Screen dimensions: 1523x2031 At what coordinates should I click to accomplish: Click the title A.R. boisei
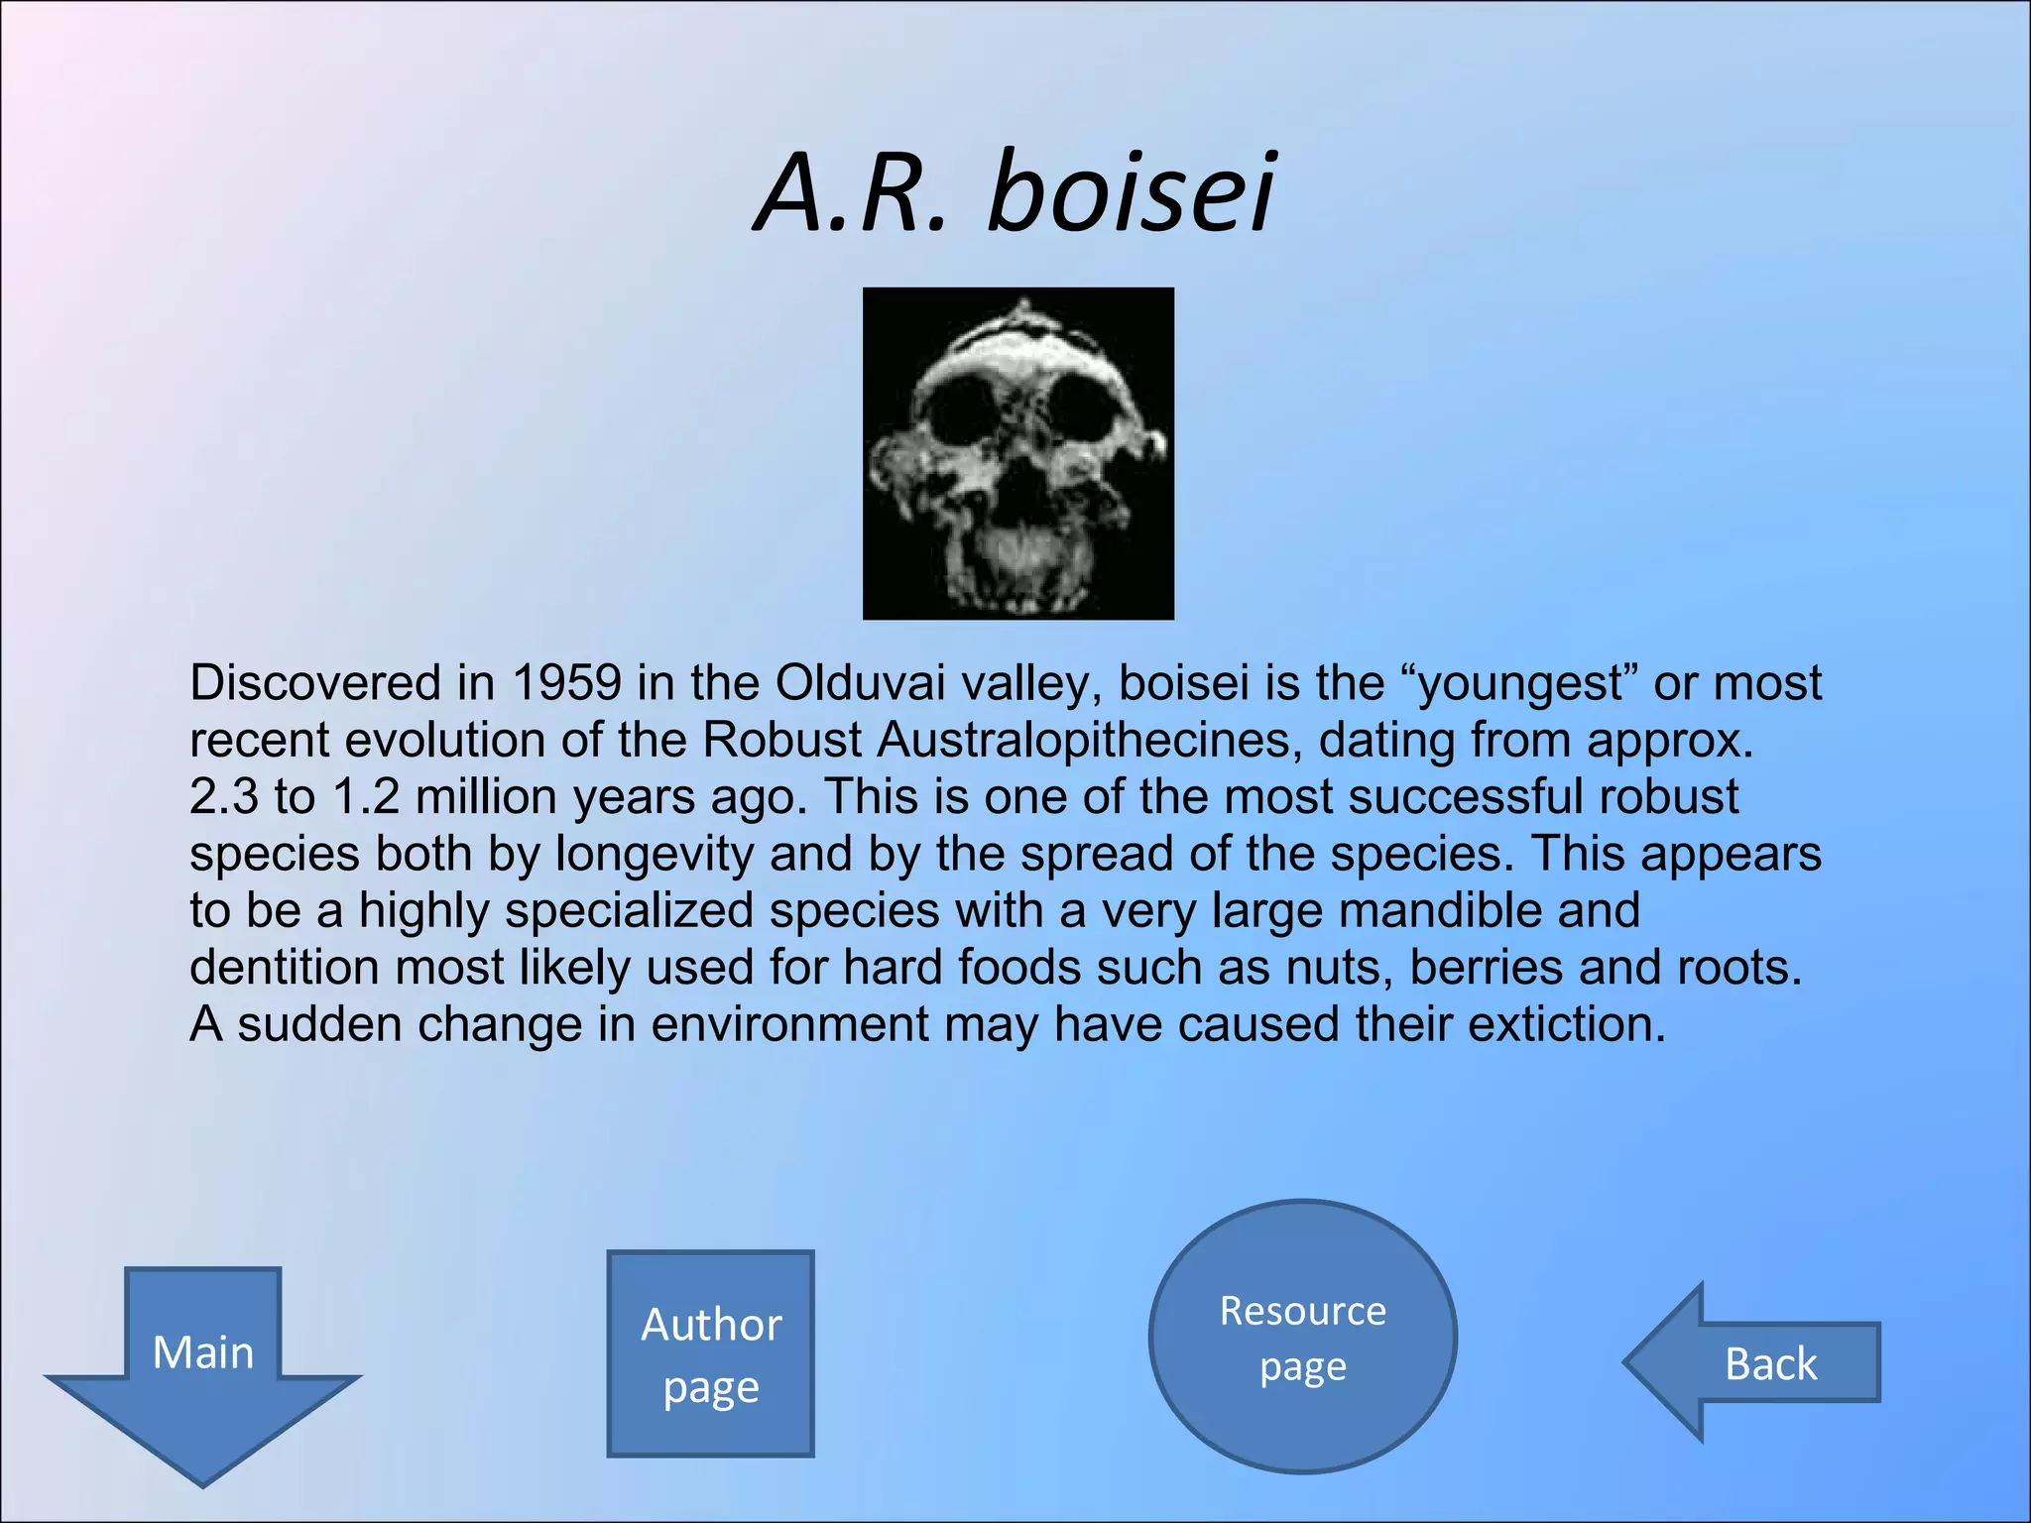tap(1015, 193)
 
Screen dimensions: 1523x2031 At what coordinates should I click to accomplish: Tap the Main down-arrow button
tap(203, 1363)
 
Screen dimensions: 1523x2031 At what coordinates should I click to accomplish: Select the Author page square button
tap(710, 1353)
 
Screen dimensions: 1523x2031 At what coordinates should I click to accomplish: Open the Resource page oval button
tap(1302, 1337)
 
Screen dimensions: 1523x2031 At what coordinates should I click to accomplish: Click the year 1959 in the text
tap(566, 683)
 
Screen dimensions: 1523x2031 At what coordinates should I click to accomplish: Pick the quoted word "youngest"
tap(1517, 683)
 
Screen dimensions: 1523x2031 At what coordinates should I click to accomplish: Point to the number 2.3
tap(223, 797)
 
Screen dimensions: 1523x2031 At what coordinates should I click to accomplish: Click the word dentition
tap(285, 968)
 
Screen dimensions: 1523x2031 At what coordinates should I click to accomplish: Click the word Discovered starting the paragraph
tap(314, 683)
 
